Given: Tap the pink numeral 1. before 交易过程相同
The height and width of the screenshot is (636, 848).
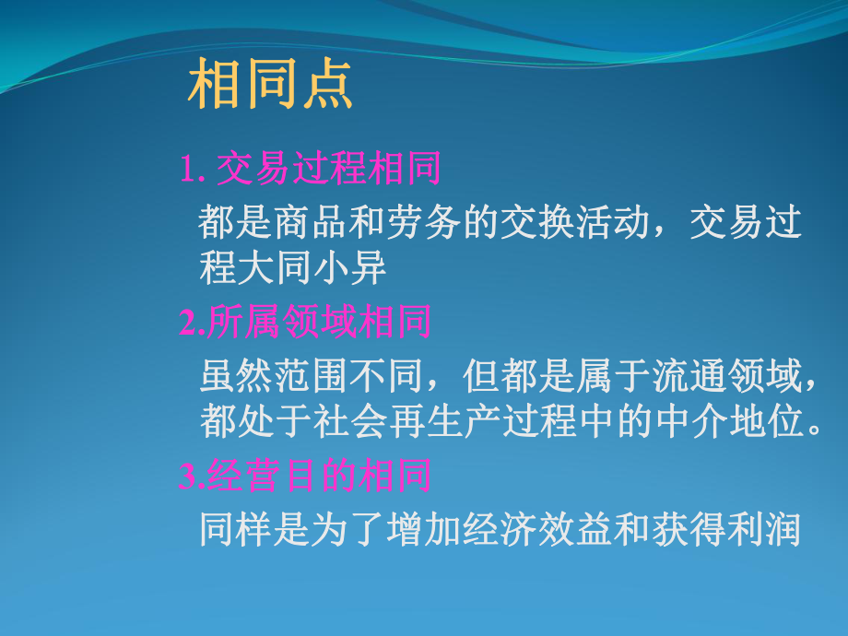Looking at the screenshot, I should pyautogui.click(x=191, y=171).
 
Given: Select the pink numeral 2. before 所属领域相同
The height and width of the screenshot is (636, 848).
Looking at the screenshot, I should pyautogui.click(x=193, y=323).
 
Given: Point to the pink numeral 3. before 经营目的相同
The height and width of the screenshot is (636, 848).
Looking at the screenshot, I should pyautogui.click(x=192, y=476).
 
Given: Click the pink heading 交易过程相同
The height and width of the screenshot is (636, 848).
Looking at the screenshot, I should pyautogui.click(x=328, y=170).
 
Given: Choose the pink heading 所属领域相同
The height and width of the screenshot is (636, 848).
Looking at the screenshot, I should pyautogui.click(x=319, y=323).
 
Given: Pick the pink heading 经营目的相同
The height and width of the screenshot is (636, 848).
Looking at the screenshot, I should pyautogui.click(x=319, y=476).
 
